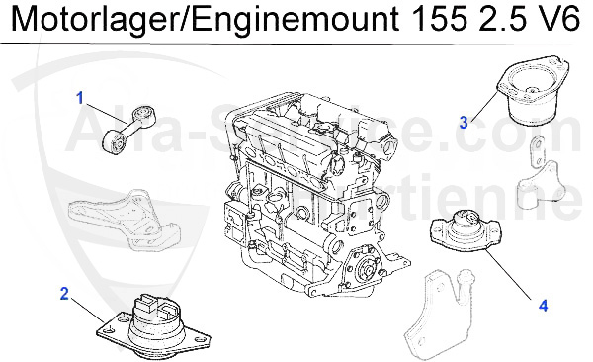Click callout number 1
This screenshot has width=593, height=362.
pyautogui.click(x=80, y=97)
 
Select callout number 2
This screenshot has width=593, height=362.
pyautogui.click(x=64, y=294)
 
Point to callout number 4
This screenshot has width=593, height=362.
pyautogui.click(x=542, y=306)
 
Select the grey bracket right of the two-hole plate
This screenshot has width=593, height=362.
pyautogui.click(x=540, y=188)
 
